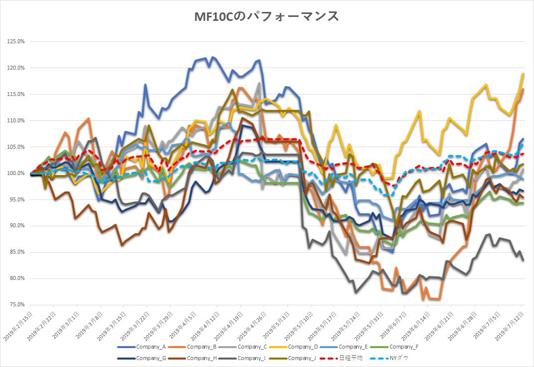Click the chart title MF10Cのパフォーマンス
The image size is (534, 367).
coord(267,17)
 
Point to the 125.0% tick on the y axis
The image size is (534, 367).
coord(16,41)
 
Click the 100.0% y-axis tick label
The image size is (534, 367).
coord(16,173)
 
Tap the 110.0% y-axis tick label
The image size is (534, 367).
coord(16,120)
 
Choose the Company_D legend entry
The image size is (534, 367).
coord(303,347)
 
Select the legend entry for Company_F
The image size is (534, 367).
coord(405,347)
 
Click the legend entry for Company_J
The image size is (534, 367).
coord(303,358)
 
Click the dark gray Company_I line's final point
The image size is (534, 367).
coord(523,261)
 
